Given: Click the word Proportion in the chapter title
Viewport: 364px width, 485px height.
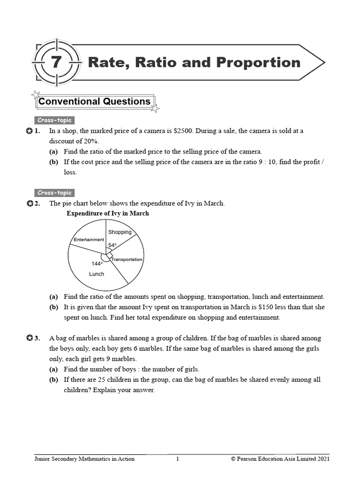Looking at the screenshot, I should (x=259, y=63).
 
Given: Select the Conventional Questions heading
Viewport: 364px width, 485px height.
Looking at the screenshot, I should (x=94, y=101).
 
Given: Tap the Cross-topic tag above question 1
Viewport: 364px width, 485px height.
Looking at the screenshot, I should (x=55, y=120).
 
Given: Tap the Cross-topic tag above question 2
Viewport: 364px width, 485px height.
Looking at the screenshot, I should (x=55, y=193).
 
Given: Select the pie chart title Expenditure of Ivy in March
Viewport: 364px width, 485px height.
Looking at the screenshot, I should (x=108, y=214).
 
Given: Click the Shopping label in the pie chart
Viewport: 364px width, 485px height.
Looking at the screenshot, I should (x=120, y=232).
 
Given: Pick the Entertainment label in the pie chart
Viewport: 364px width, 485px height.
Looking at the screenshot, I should (x=89, y=240).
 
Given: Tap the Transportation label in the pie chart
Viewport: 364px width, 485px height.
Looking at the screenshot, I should (x=127, y=260).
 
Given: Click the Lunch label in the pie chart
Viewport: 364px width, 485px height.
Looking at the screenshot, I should (x=97, y=274).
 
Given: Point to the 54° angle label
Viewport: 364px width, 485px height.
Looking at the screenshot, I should (x=112, y=245).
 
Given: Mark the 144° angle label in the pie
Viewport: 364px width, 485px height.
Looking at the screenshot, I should (x=97, y=263).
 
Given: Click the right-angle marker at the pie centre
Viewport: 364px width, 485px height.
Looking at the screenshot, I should (x=109, y=256).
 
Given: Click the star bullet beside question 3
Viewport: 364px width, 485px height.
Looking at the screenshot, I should (x=30, y=338).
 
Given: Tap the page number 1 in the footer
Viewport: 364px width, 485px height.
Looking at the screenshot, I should (x=177, y=458).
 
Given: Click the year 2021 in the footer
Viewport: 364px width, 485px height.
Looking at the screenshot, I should (x=321, y=458).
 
